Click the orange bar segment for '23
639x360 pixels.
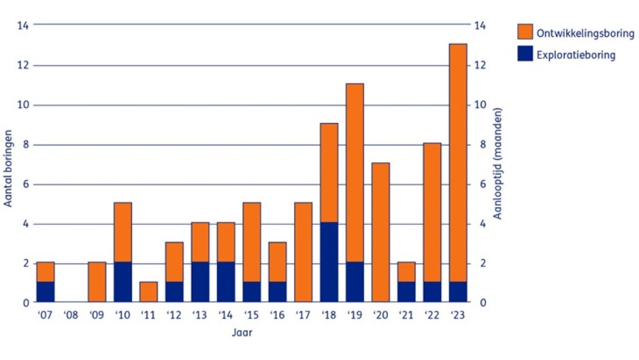point(458,163)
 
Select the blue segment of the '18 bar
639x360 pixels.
point(329,262)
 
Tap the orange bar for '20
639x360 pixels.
point(380,233)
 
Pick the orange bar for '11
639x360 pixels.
point(149,292)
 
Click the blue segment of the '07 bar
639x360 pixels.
point(46,292)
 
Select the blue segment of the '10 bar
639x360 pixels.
point(123,282)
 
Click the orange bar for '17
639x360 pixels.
point(303,252)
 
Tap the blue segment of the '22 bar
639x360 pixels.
point(432,292)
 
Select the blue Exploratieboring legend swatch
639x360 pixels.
point(524,55)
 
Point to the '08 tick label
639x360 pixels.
point(71,315)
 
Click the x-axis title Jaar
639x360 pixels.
point(242,333)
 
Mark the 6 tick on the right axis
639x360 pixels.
point(480,184)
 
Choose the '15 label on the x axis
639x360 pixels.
point(251,315)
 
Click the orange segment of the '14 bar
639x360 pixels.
point(226,242)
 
